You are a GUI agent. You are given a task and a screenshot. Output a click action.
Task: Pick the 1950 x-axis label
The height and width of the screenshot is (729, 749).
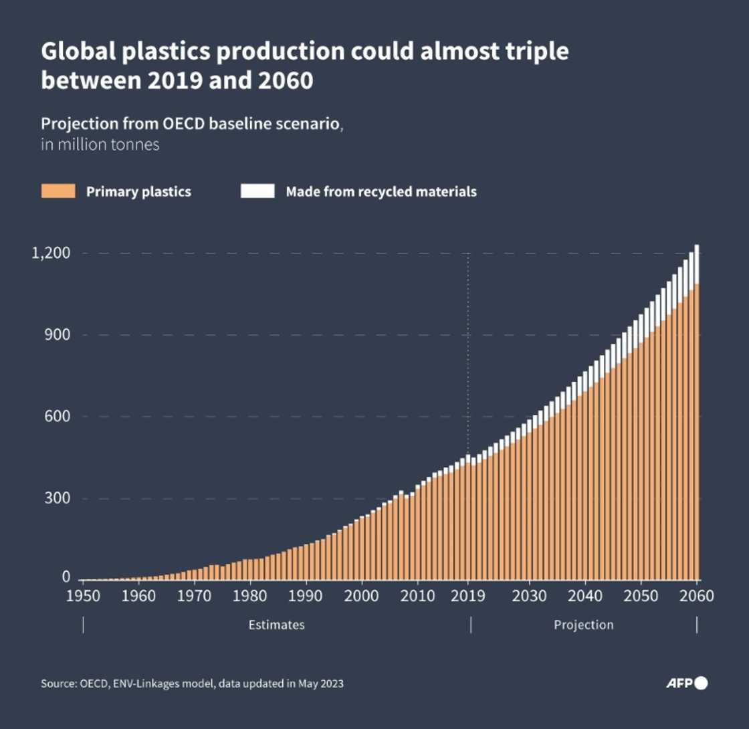(83, 595)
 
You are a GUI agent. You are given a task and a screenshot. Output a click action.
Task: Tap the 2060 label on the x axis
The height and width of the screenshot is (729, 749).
(697, 595)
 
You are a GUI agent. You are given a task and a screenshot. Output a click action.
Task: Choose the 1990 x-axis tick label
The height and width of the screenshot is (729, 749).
(306, 595)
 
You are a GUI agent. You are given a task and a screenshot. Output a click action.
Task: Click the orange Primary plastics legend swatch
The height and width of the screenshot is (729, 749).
(58, 192)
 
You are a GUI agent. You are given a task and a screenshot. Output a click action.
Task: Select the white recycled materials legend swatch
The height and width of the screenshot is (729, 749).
(257, 192)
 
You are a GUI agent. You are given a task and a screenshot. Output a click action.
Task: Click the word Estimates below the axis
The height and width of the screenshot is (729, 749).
(277, 625)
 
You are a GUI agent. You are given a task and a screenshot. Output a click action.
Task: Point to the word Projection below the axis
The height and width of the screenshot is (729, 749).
(583, 625)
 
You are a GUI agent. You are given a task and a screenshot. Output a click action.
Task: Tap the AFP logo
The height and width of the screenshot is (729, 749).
(686, 683)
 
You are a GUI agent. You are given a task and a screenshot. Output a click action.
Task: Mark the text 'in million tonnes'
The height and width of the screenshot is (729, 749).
(100, 144)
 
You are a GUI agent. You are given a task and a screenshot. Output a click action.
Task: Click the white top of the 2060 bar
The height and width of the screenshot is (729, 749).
(697, 264)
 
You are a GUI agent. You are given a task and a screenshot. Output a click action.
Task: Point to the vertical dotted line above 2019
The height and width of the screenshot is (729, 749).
(467, 348)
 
